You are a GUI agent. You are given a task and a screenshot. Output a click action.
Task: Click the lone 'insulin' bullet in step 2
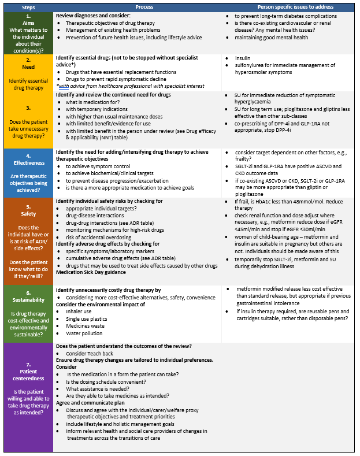(x=243, y=58)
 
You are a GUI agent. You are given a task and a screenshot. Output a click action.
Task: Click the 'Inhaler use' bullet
(x=80, y=312)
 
